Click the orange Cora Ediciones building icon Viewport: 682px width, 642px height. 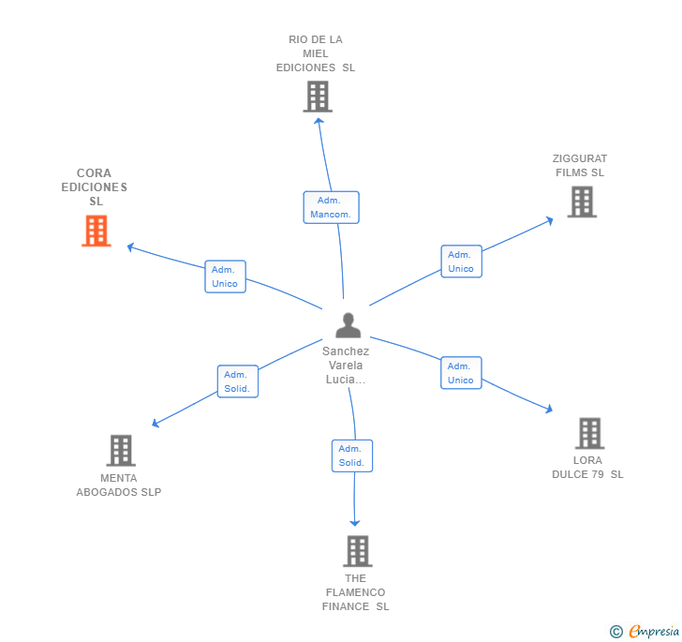point(96,231)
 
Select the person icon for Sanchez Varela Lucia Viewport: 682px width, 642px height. point(348,325)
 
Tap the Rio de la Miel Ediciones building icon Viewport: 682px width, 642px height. point(318,97)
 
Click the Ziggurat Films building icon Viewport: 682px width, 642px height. point(582,202)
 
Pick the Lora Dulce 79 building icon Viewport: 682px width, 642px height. point(589,433)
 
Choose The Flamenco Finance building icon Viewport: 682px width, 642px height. point(357,551)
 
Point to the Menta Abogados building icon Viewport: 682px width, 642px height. point(121,451)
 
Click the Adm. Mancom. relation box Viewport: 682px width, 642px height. point(331,207)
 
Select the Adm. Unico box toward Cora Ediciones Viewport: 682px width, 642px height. point(225,276)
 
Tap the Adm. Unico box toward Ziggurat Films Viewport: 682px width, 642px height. point(461,261)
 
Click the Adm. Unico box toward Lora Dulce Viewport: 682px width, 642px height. point(461,373)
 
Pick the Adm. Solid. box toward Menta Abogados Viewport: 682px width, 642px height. point(238,381)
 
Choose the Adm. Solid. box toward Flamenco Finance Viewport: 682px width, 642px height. point(351,455)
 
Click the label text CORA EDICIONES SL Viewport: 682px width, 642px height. point(95,187)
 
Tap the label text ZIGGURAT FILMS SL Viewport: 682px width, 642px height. point(580,166)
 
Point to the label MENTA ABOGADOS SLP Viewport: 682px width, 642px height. point(119,485)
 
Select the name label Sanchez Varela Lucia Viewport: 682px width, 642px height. point(346,366)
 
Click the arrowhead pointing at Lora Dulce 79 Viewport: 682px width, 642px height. point(548,409)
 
